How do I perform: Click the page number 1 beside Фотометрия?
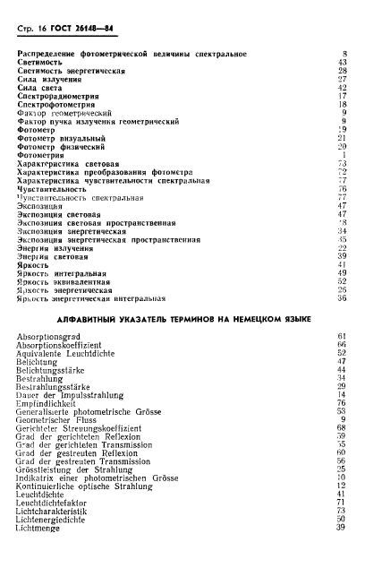pyautogui.click(x=344, y=154)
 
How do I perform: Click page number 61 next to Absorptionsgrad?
pyautogui.click(x=341, y=336)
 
